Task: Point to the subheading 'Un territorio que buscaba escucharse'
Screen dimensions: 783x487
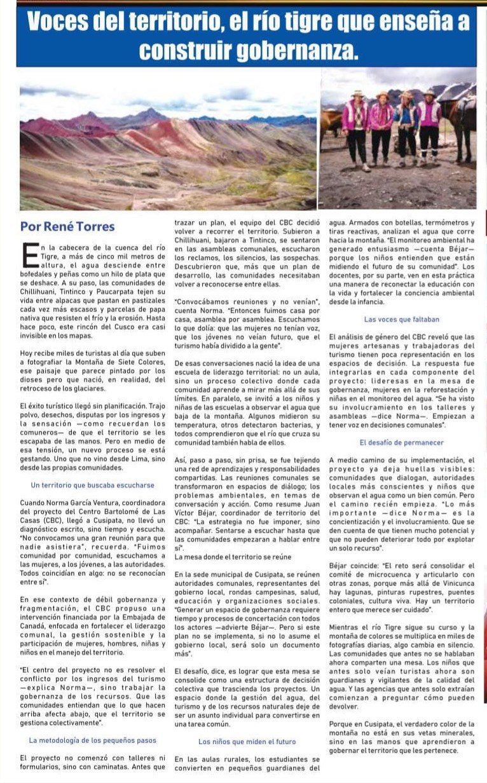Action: pos(92,485)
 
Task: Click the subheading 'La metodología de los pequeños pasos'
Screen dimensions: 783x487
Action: pos(93,740)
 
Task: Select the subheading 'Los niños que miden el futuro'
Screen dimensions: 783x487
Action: pos(247,740)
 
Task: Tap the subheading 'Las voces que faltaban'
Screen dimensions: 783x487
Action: pos(401,319)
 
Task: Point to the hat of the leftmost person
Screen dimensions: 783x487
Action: pos(358,93)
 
